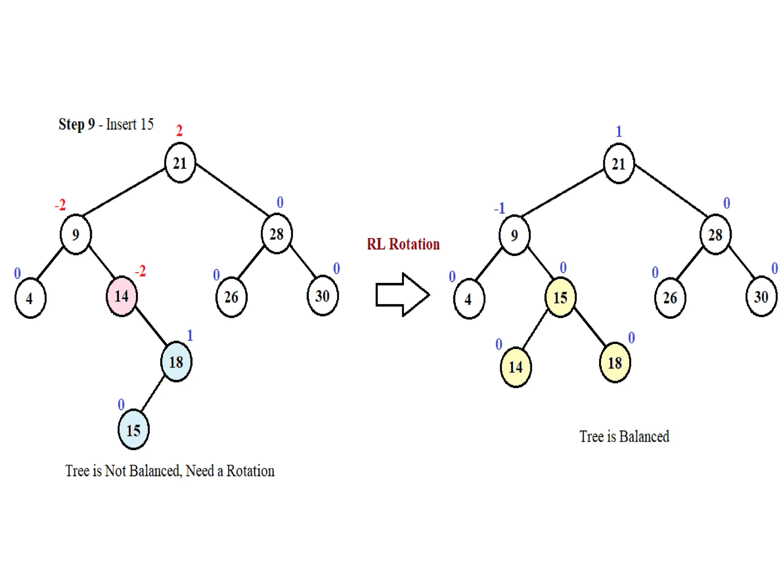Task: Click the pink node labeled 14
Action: click(x=122, y=296)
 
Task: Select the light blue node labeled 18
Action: click(x=176, y=362)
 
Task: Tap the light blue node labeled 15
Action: click(x=133, y=430)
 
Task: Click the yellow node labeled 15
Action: click(x=560, y=297)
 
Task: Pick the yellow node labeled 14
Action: click(x=516, y=367)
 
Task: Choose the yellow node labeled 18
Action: click(x=615, y=362)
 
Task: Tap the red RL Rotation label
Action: click(x=403, y=244)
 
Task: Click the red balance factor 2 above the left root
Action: click(x=179, y=131)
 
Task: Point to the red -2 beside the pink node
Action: click(x=140, y=271)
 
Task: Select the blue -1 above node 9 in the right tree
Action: click(x=500, y=208)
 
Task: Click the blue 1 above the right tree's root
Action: click(x=619, y=131)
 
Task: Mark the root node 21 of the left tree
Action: click(x=180, y=163)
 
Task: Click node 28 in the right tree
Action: click(x=715, y=235)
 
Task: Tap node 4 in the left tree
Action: click(x=30, y=298)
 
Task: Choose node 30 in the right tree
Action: click(x=761, y=297)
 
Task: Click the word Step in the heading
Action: click(x=71, y=124)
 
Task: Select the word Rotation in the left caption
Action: click(x=250, y=471)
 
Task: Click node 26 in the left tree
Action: click(x=231, y=297)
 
